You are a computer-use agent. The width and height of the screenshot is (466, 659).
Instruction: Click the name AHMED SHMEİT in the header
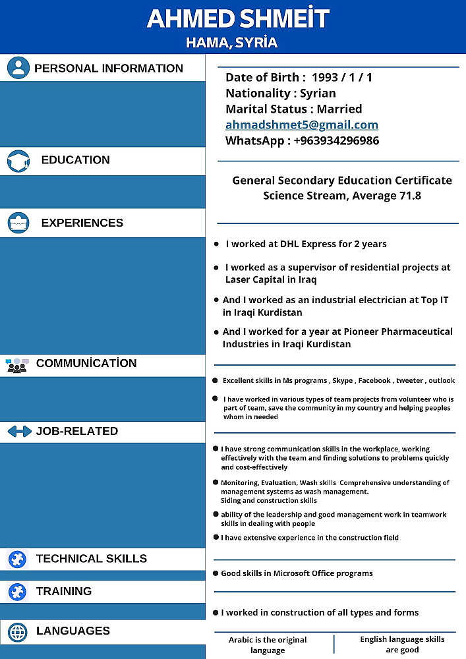237,18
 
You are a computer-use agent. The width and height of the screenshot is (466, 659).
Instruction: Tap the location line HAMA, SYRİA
232,43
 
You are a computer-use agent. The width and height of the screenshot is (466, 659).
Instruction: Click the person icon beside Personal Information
18,67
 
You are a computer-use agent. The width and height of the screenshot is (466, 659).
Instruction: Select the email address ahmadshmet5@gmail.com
301,125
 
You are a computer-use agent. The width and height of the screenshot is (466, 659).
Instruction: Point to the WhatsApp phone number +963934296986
336,140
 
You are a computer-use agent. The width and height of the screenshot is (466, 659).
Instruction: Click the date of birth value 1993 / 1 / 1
342,77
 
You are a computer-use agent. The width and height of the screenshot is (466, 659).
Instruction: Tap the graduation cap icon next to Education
18,161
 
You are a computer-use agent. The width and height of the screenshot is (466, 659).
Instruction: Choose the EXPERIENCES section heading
82,223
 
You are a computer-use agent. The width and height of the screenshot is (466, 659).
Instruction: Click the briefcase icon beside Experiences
18,223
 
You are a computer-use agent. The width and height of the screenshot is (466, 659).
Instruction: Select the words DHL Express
308,244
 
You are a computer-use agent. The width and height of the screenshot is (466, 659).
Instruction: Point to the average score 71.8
409,195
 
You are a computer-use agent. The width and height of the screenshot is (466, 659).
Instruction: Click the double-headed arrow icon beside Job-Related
19,431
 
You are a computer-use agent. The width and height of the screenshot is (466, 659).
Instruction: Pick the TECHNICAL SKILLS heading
91,559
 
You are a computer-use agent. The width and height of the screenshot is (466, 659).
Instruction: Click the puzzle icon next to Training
17,591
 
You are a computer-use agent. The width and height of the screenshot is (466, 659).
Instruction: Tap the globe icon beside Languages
18,631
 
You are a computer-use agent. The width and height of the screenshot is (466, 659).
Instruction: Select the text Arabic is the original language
268,645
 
